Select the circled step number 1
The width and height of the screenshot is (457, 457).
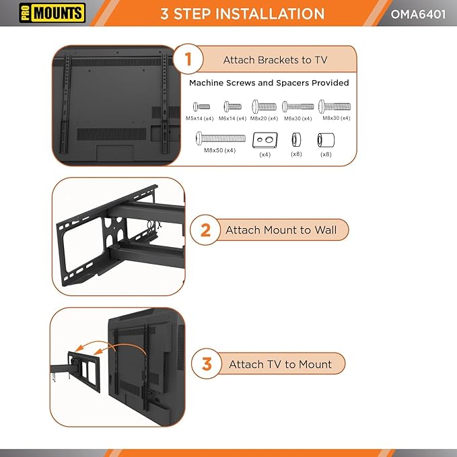tap(188, 59)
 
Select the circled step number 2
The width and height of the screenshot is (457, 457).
tap(205, 230)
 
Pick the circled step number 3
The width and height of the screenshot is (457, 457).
tap(207, 364)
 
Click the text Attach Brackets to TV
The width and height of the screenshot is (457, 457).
tap(275, 60)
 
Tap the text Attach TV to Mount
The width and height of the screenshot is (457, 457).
tap(280, 364)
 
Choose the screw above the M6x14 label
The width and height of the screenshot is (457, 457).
tap(232, 106)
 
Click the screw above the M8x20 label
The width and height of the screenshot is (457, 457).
tap(264, 106)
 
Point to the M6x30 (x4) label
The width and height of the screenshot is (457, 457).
tap(297, 118)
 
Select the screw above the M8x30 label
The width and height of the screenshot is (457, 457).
tap(335, 106)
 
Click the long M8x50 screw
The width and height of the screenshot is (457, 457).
tap(219, 138)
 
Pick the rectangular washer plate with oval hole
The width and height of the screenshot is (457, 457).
tap(265, 140)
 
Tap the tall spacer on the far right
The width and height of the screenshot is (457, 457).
tap(326, 140)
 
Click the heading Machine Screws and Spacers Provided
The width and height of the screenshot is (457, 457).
tap(269, 83)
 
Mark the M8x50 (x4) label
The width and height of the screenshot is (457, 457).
tap(219, 150)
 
